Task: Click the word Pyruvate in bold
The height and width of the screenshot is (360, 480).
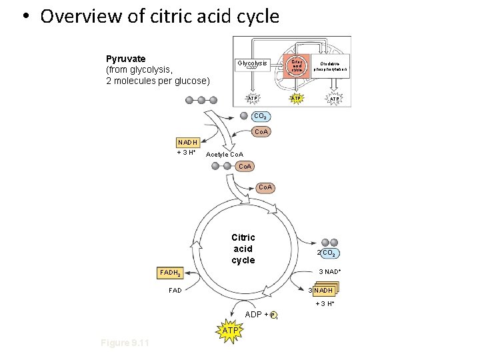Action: (126, 59)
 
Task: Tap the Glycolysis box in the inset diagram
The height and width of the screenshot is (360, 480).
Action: (252, 64)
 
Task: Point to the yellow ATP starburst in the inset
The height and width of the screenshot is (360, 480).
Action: (297, 99)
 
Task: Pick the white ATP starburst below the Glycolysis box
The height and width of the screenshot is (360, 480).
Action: (253, 99)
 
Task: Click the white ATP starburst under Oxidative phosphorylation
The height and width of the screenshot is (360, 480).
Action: (335, 99)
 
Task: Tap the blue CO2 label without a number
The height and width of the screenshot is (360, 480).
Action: (262, 116)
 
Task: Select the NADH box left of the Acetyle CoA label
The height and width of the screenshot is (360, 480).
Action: (187, 142)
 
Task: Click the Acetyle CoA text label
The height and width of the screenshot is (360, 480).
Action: (225, 155)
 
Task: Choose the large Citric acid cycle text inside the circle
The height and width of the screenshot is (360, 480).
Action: (243, 249)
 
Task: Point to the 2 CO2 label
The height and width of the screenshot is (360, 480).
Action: (329, 253)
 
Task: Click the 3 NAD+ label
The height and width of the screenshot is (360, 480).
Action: (330, 271)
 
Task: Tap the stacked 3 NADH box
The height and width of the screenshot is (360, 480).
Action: (323, 291)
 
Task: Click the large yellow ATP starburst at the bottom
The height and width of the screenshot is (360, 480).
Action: (229, 330)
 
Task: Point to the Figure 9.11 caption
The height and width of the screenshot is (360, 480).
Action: (125, 343)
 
